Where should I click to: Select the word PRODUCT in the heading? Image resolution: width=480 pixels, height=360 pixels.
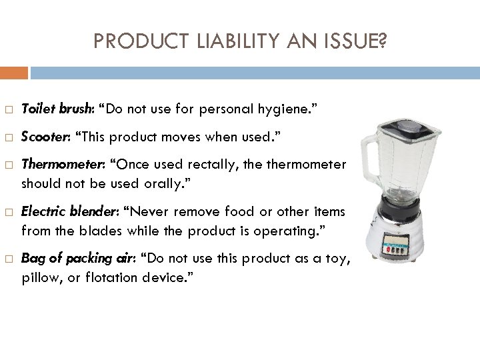coord(134,42)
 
